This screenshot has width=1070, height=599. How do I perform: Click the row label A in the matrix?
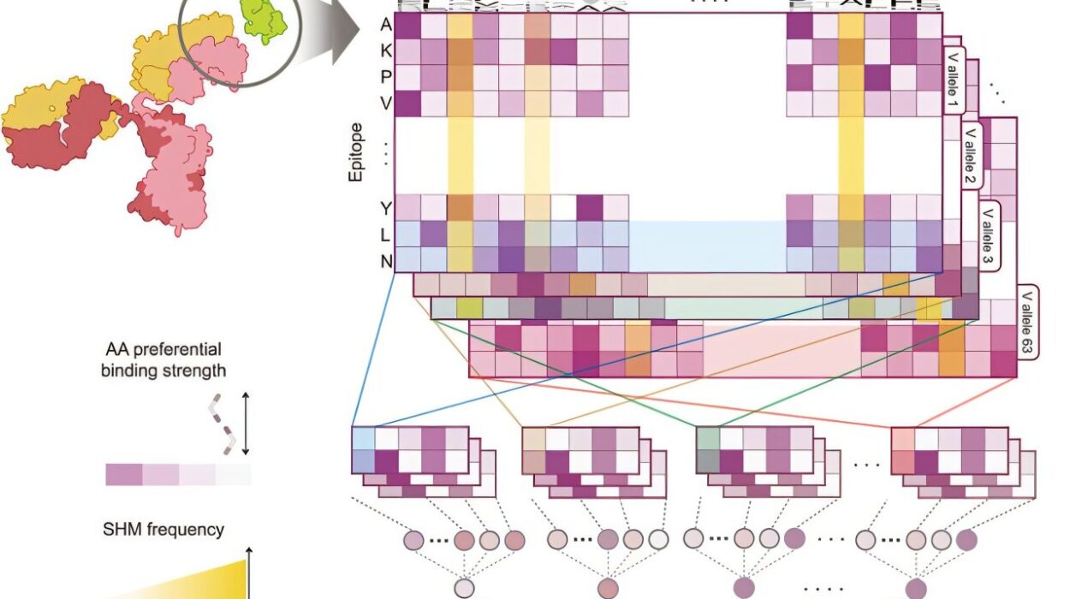(387, 25)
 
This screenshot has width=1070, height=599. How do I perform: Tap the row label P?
(387, 77)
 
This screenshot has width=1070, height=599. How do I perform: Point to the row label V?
(387, 103)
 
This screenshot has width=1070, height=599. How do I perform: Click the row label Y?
(387, 208)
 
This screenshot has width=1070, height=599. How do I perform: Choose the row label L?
(387, 234)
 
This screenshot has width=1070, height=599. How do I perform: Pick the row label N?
(387, 259)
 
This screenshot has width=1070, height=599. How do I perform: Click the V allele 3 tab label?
(989, 237)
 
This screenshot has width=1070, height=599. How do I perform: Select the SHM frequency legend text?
(165, 530)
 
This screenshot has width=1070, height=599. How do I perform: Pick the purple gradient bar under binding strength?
(178, 474)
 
